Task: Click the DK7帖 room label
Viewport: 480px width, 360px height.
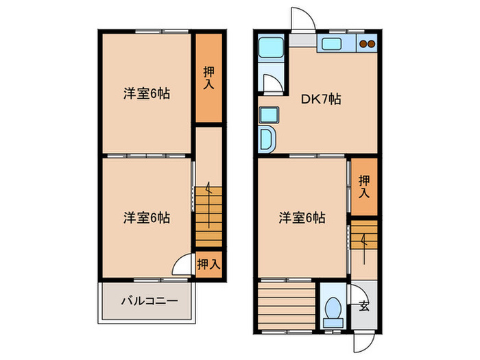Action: [x=322, y=99]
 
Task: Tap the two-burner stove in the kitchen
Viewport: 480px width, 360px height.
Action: [x=367, y=45]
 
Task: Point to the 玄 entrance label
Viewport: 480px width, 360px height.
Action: [x=363, y=306]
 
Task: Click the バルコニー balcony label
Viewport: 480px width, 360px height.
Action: [x=149, y=300]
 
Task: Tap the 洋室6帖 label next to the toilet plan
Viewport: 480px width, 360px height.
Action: [x=302, y=218]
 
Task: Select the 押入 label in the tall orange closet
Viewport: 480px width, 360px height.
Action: [x=209, y=77]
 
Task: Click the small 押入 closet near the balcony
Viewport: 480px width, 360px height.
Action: [x=208, y=263]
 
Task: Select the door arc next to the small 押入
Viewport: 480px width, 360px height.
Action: [x=182, y=265]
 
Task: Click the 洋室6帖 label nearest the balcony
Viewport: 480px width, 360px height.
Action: [x=147, y=218]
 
